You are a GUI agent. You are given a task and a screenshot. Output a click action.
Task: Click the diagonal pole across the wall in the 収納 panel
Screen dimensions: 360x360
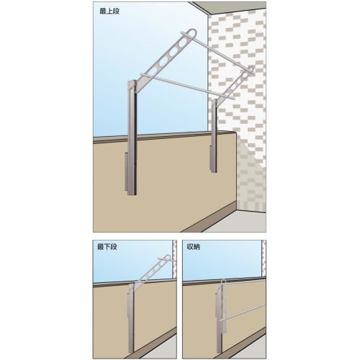245,310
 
